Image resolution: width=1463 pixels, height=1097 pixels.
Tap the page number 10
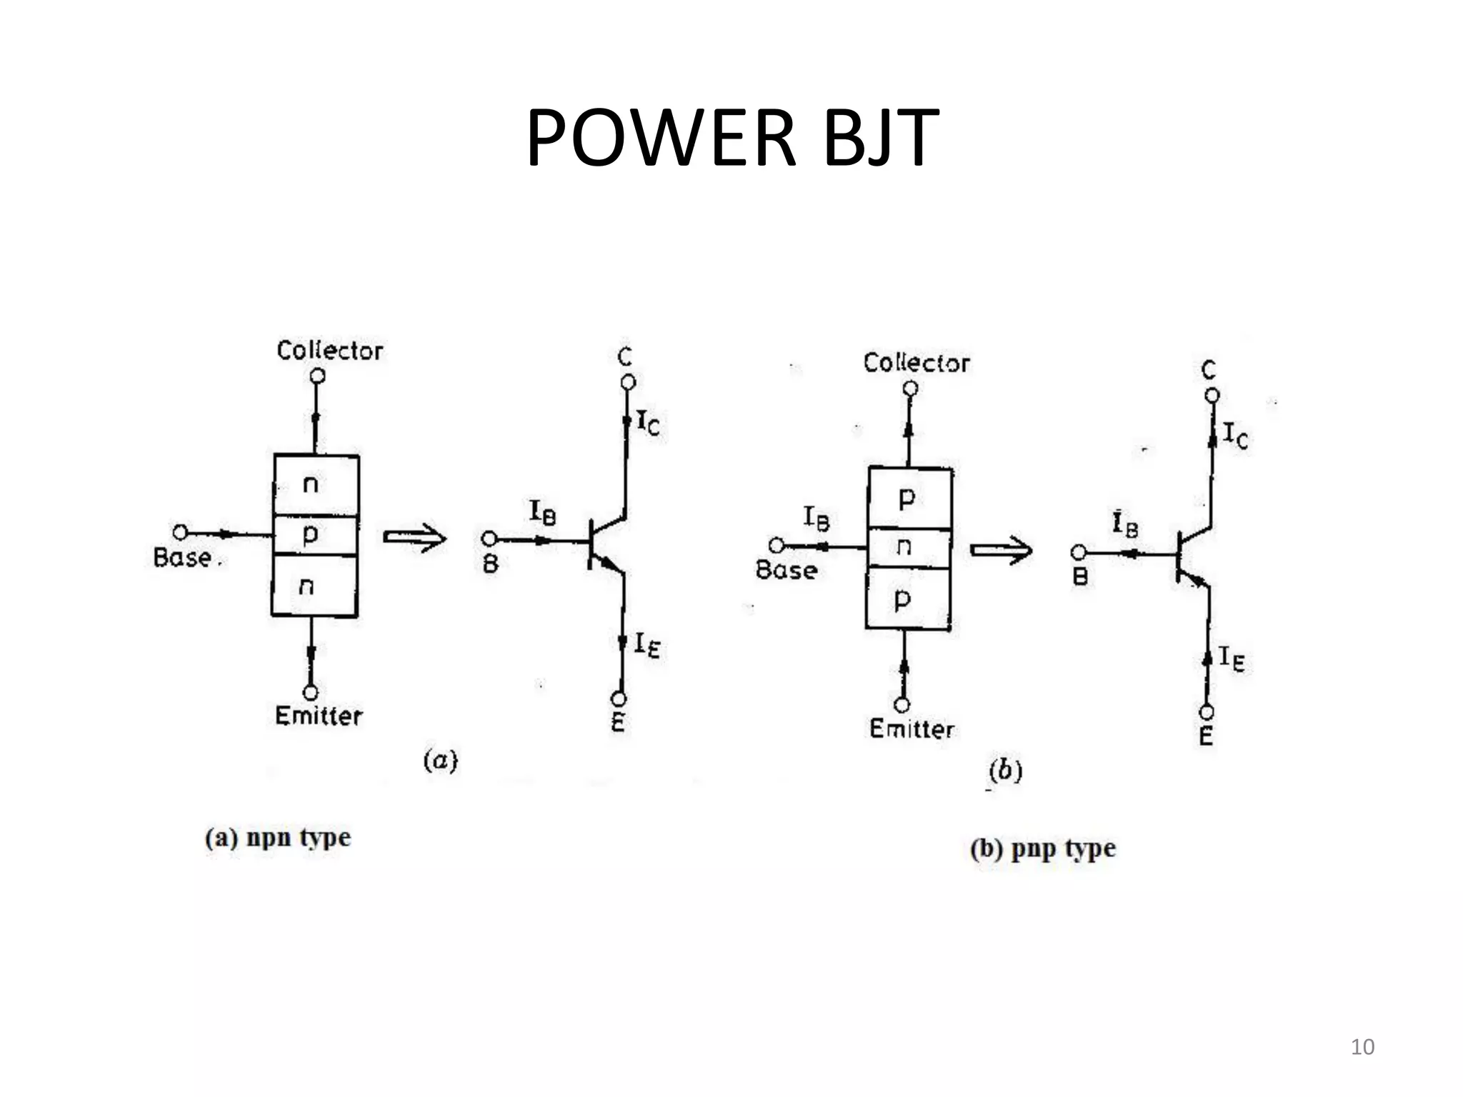pos(1362,1047)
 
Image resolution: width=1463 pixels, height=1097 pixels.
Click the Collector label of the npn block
pos(329,351)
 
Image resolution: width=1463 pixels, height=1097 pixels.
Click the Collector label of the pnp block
pos(916,363)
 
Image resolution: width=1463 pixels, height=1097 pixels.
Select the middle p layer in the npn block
pos(314,534)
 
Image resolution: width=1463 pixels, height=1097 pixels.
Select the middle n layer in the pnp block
pos(907,548)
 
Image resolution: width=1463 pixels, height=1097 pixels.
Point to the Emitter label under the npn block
pos(318,716)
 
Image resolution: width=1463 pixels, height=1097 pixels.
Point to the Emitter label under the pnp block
pos(911,729)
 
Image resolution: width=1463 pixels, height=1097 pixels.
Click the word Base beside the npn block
pos(183,558)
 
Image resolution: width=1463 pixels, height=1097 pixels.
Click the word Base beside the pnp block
pos(786,570)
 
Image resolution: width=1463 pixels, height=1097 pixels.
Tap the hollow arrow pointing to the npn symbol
pos(415,538)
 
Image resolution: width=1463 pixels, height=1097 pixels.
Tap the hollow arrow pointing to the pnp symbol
pos(1001,550)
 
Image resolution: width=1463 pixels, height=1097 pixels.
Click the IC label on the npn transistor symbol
pos(649,424)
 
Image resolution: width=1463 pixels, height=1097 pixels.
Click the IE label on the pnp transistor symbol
pos(1232,658)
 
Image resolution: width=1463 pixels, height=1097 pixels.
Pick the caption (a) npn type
pos(278,837)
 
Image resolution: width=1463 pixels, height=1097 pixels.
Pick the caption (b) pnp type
pos(1043,849)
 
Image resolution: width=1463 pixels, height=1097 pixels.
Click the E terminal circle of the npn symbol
pos(619,698)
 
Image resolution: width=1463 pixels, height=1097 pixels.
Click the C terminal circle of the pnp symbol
pos(1212,395)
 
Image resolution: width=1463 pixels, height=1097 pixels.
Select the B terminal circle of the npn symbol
pos(489,539)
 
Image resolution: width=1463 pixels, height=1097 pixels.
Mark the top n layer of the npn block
pos(314,486)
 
